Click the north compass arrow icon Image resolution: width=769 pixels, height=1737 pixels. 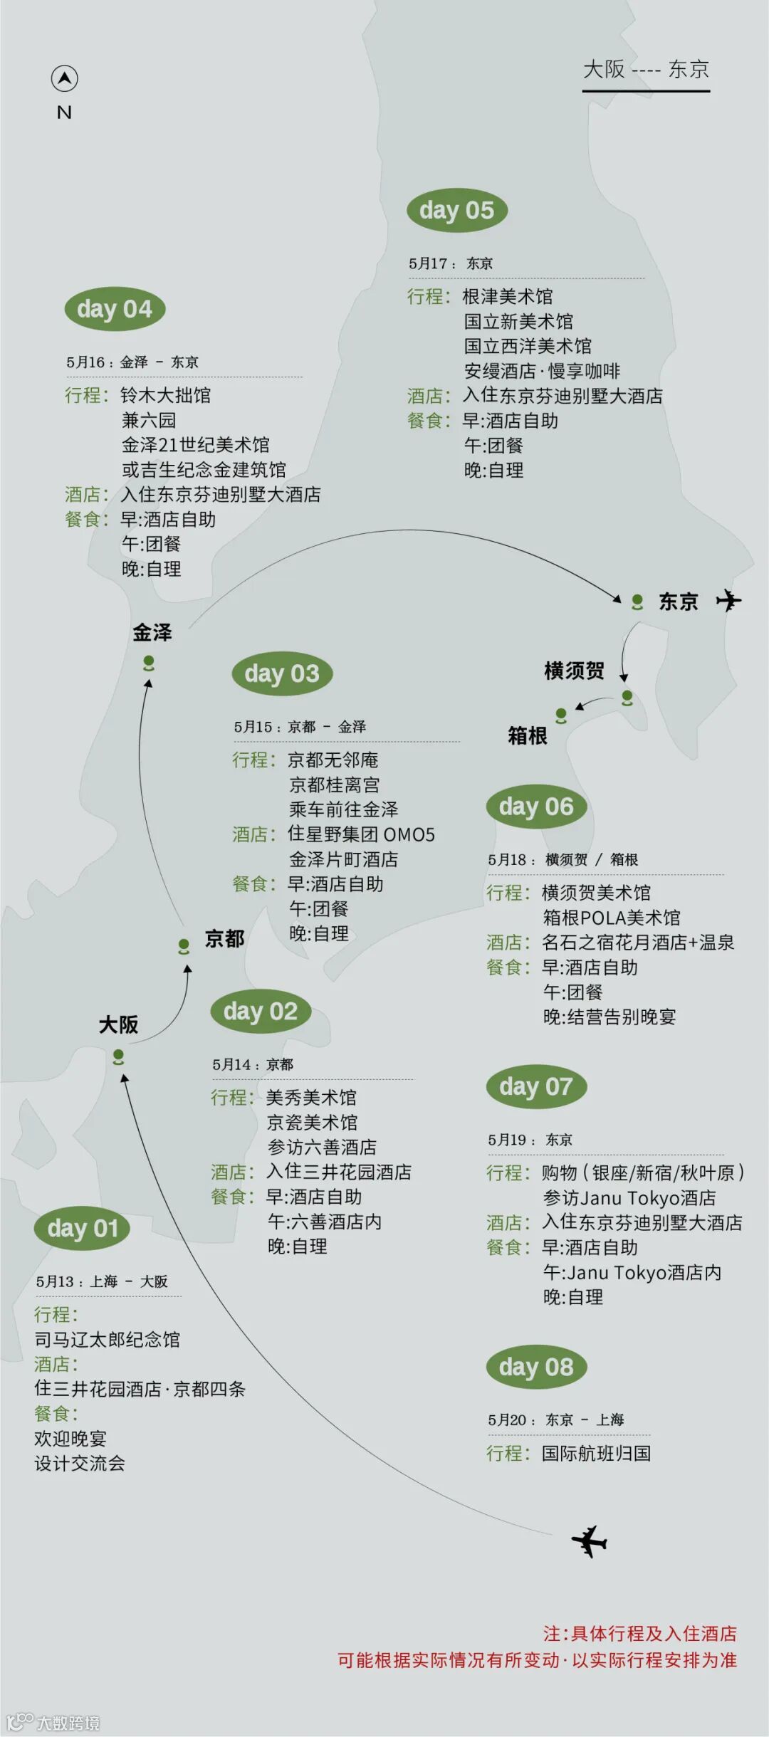64,78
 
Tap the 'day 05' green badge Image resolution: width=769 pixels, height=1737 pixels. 456,211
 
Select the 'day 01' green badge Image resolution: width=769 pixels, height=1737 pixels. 82,1228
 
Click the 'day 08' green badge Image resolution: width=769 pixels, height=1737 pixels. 536,1367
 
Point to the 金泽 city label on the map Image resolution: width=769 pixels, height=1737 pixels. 152,632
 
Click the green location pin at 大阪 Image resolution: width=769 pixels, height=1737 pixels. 118,1056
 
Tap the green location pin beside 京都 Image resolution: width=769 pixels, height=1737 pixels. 184,946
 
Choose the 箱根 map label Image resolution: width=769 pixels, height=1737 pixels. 528,735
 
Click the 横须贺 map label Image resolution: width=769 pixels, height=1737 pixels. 574,671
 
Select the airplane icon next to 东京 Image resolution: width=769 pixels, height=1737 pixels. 728,600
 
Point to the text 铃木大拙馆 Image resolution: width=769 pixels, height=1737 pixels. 166,395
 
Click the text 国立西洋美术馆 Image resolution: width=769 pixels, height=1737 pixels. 528,346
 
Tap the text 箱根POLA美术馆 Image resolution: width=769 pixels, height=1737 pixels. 612,918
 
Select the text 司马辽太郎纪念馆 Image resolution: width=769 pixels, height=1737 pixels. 107,1339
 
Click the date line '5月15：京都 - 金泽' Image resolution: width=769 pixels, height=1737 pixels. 300,727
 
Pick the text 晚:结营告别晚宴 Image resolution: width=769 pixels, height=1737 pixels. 610,1017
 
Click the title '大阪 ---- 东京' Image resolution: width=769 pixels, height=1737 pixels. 646,69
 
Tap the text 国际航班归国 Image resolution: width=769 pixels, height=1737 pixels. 596,1453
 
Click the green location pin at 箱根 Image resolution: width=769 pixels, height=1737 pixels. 561,715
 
